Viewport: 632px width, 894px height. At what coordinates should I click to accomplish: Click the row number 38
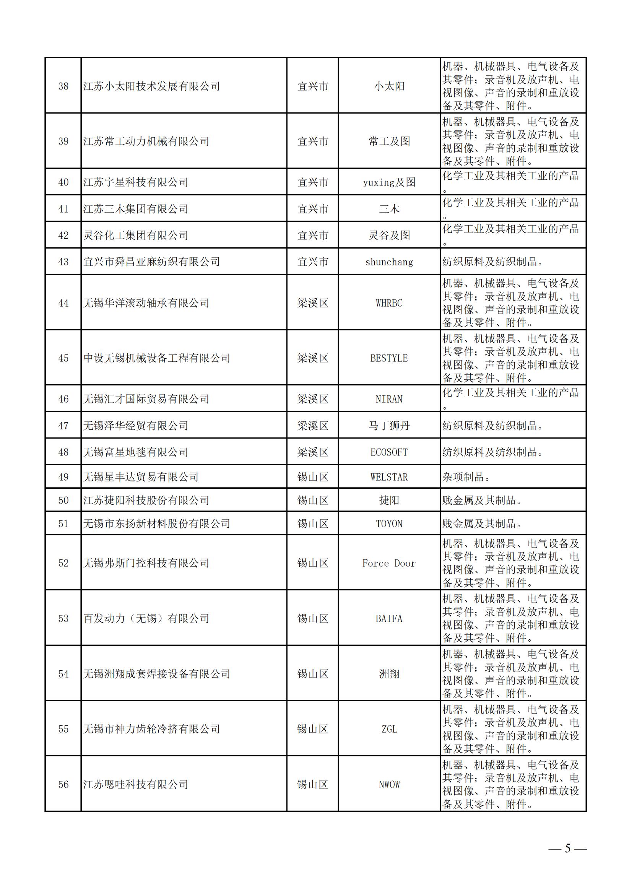click(x=63, y=86)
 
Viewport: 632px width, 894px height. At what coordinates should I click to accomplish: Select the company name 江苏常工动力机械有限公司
click(x=146, y=141)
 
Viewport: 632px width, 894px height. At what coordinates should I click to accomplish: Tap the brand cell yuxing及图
click(x=389, y=182)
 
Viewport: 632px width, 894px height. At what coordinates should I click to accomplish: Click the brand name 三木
click(x=389, y=209)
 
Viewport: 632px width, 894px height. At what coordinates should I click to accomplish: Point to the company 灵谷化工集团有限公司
click(x=135, y=235)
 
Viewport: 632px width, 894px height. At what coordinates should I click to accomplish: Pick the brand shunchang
click(x=389, y=262)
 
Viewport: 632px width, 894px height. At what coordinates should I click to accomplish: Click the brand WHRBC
click(x=389, y=303)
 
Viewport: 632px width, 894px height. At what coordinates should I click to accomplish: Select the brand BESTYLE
click(x=389, y=358)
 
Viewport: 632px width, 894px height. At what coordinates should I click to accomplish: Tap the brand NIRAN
click(x=389, y=399)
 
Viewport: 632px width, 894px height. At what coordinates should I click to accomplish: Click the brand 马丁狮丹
click(x=389, y=426)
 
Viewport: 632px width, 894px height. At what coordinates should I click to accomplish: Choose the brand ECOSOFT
click(x=389, y=452)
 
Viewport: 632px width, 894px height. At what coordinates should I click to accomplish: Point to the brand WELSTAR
click(x=389, y=477)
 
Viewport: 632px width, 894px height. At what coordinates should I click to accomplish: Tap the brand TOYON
click(x=389, y=524)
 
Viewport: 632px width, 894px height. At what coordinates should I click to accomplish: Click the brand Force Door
click(x=389, y=563)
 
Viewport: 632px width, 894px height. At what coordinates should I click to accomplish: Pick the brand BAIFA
click(x=389, y=618)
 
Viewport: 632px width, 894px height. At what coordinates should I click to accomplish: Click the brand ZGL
click(x=389, y=729)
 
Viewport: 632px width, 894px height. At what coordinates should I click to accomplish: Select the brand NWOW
click(x=389, y=784)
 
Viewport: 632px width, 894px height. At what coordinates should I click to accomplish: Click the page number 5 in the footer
click(x=567, y=848)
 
